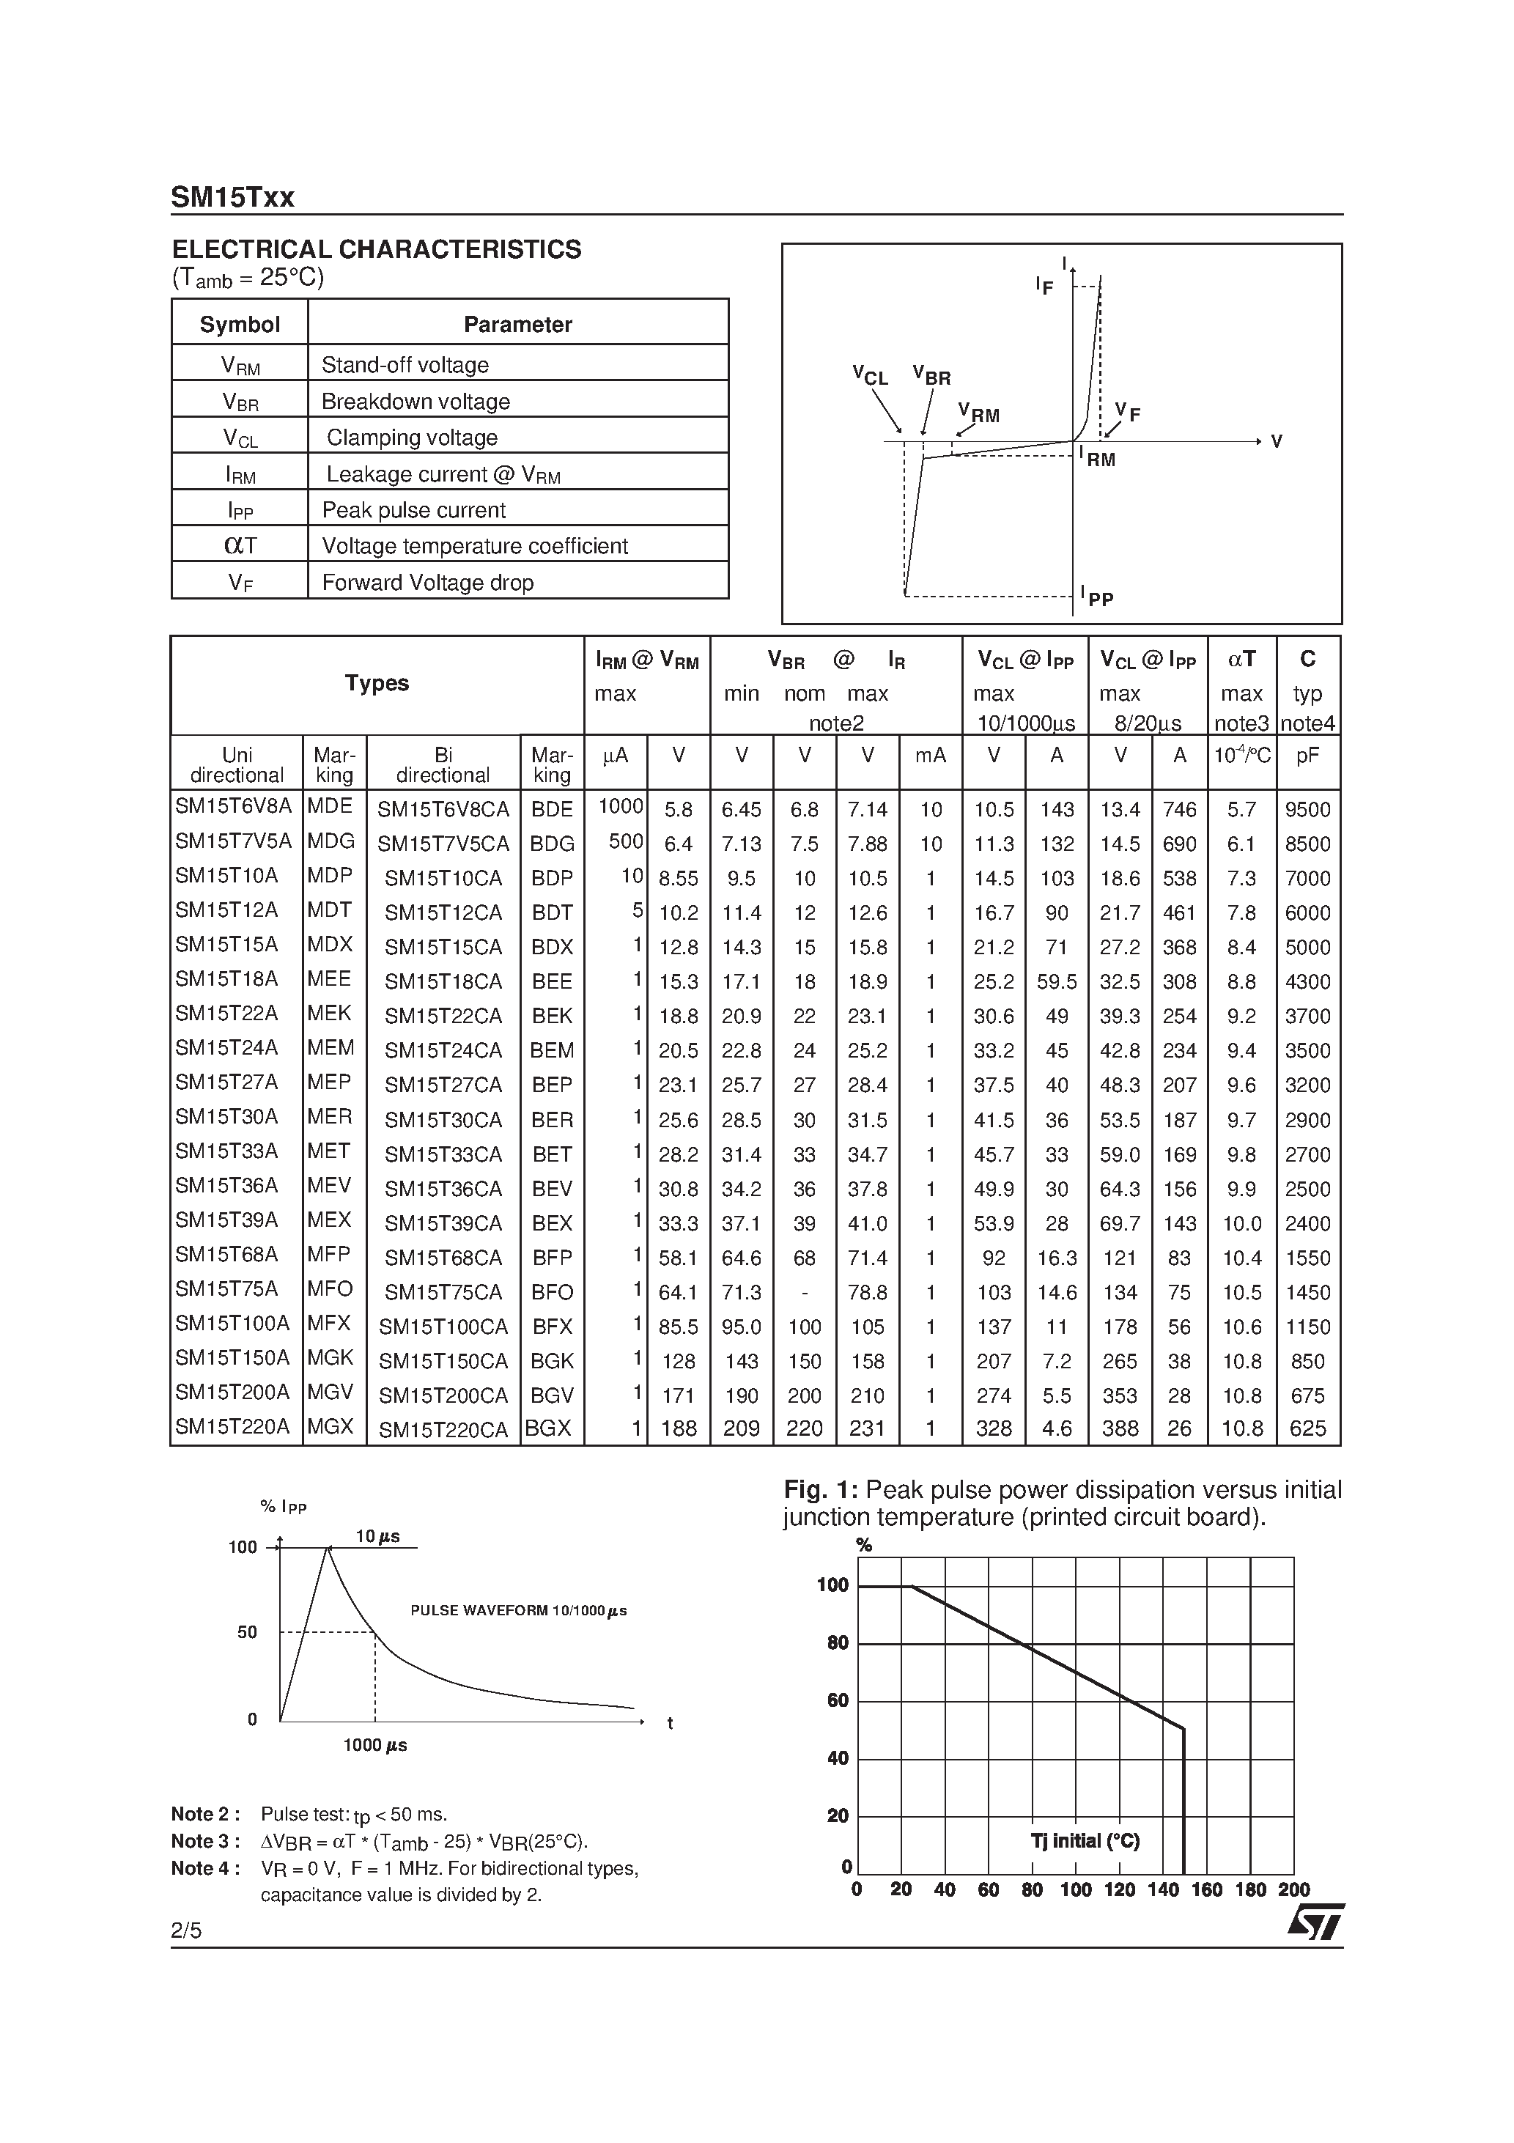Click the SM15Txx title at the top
(232, 197)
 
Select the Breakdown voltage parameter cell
(416, 402)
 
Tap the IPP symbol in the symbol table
(240, 509)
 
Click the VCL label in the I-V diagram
(870, 376)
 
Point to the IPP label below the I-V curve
(1098, 597)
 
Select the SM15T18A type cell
(227, 978)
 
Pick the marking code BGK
(552, 1361)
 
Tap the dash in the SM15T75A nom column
(805, 1292)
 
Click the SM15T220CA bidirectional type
(443, 1429)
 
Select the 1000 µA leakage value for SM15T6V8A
(620, 806)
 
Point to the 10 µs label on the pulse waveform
(377, 1536)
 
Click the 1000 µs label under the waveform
(375, 1745)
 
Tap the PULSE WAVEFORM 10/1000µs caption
(518, 1611)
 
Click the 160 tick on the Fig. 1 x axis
(1206, 1890)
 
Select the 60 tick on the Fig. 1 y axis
(838, 1700)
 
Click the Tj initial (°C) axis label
(1085, 1840)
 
